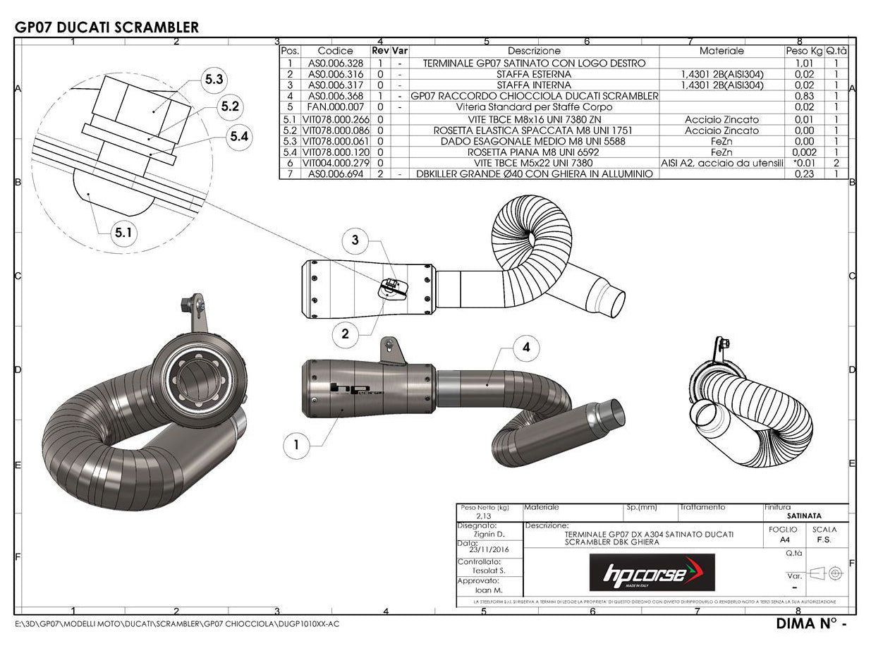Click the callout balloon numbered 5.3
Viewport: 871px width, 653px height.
[214, 80]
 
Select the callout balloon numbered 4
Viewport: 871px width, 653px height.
[526, 347]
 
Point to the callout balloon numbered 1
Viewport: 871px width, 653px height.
[296, 444]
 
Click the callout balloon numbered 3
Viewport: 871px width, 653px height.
[355, 240]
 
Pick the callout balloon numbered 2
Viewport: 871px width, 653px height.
[345, 334]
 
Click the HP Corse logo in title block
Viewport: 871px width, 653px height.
[652, 573]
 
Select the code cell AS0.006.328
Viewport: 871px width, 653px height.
[335, 63]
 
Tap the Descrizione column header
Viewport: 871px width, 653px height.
[534, 51]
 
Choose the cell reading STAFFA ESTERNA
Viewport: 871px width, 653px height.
[534, 74]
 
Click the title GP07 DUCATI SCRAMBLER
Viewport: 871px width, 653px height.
[106, 28]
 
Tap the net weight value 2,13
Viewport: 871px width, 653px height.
[484, 516]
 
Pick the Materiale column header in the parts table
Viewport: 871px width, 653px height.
[721, 51]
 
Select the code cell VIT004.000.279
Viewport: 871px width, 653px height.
[335, 163]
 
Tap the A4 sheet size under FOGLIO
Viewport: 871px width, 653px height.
[784, 539]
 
